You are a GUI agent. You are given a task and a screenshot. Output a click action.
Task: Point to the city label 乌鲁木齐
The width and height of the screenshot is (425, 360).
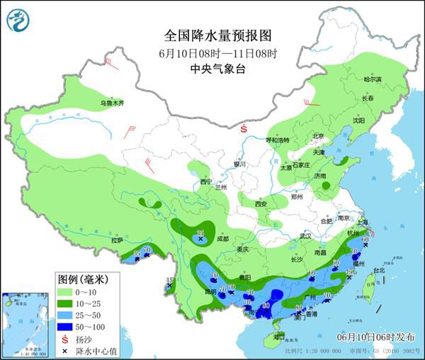[111, 103]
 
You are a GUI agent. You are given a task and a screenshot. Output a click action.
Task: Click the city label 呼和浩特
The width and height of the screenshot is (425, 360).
[278, 140]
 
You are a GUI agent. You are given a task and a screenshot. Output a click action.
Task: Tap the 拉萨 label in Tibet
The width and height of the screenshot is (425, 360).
[117, 240]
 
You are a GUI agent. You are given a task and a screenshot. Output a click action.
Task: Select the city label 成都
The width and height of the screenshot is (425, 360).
[221, 239]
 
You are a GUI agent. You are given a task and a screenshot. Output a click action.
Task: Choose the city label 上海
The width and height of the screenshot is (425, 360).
[363, 222]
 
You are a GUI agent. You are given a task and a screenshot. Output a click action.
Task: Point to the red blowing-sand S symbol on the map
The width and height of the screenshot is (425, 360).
[244, 129]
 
